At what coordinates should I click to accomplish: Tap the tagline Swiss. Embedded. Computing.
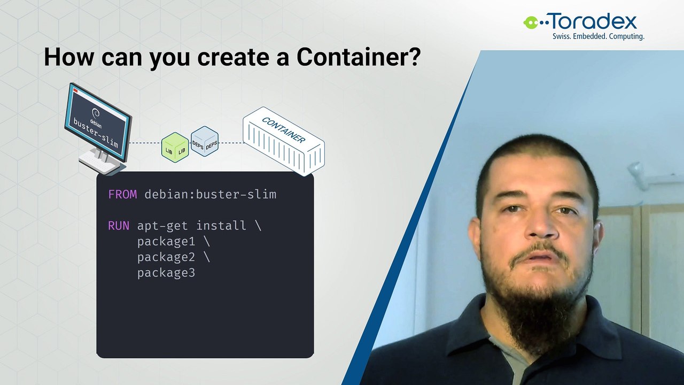[x=598, y=36]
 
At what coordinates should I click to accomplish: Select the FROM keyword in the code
[x=122, y=194]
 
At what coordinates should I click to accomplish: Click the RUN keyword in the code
[x=119, y=226]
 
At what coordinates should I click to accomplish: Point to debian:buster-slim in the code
[x=211, y=194]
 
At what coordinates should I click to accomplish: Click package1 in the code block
[x=166, y=241]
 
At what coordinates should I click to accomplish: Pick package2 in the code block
[x=166, y=257]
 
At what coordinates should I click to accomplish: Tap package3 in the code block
[x=166, y=273]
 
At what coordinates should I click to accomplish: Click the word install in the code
[x=221, y=226]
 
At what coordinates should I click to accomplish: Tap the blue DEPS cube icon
[x=205, y=141]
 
